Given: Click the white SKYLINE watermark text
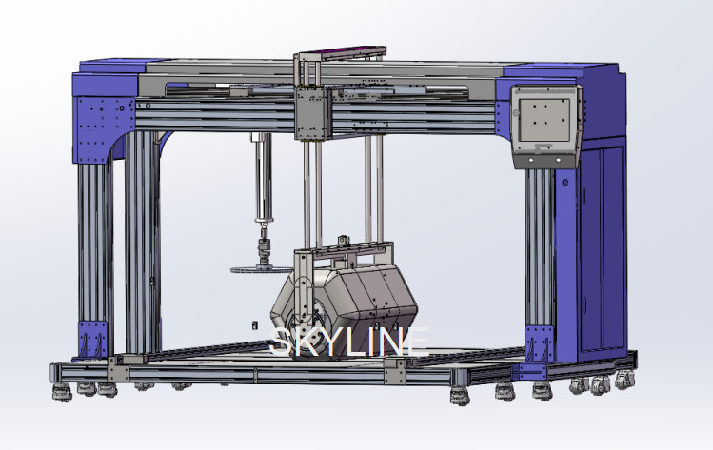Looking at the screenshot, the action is [x=349, y=342].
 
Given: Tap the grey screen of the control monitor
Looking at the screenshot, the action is [x=545, y=120].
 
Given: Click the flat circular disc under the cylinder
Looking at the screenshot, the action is [x=262, y=270].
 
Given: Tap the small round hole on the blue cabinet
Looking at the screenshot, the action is [x=565, y=183].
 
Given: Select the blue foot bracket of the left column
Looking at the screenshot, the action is [x=93, y=339].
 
